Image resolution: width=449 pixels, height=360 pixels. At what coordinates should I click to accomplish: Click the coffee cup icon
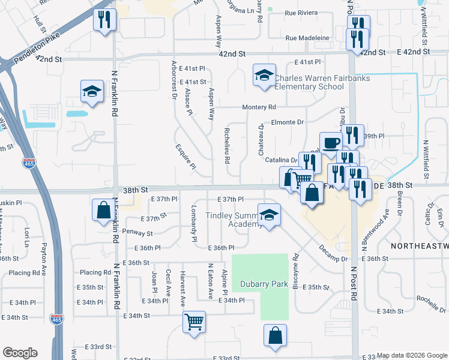click(x=331, y=144)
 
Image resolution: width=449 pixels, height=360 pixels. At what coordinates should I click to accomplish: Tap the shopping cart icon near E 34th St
click(x=194, y=322)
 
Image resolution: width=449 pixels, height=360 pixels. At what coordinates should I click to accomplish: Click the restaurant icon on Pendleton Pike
click(x=104, y=21)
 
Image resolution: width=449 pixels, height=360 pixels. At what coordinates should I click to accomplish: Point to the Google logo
click(x=20, y=353)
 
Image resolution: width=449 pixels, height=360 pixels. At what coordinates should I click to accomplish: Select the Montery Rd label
click(x=259, y=107)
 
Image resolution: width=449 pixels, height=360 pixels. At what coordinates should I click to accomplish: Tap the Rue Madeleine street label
click(x=307, y=38)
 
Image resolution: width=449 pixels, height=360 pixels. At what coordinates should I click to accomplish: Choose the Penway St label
click(x=139, y=231)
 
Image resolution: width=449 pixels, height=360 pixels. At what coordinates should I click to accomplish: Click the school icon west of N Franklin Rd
click(x=92, y=92)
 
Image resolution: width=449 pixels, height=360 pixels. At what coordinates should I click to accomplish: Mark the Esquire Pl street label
click(x=185, y=157)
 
